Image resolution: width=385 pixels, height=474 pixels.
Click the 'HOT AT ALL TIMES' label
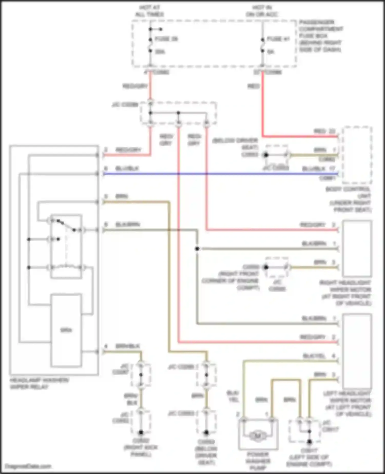click(150, 11)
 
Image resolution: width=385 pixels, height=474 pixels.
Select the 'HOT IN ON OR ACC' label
click(262, 11)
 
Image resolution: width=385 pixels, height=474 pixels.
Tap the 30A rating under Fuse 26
click(160, 52)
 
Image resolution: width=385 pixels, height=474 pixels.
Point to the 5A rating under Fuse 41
click(271, 52)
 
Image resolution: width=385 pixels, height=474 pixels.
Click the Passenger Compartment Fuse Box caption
click(321, 36)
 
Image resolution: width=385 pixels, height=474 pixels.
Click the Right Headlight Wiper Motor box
click(357, 248)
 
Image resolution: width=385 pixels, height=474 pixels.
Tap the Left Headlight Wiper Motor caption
click(347, 404)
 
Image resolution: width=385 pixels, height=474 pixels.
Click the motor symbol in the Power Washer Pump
click(258, 435)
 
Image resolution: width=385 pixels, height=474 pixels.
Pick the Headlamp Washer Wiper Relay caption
click(39, 383)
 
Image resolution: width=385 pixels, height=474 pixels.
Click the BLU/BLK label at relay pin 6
click(127, 168)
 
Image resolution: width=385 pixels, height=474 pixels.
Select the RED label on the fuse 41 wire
click(254, 86)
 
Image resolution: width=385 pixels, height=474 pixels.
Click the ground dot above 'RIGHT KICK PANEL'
click(141, 432)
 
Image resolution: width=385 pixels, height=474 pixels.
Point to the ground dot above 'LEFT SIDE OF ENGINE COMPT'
click(310, 442)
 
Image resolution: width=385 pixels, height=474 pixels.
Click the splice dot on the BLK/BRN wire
click(197, 249)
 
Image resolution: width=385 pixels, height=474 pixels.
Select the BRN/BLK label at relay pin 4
click(128, 346)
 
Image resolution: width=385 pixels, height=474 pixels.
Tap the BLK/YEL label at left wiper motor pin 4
click(314, 356)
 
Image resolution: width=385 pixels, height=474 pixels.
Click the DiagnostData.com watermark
click(28, 466)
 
